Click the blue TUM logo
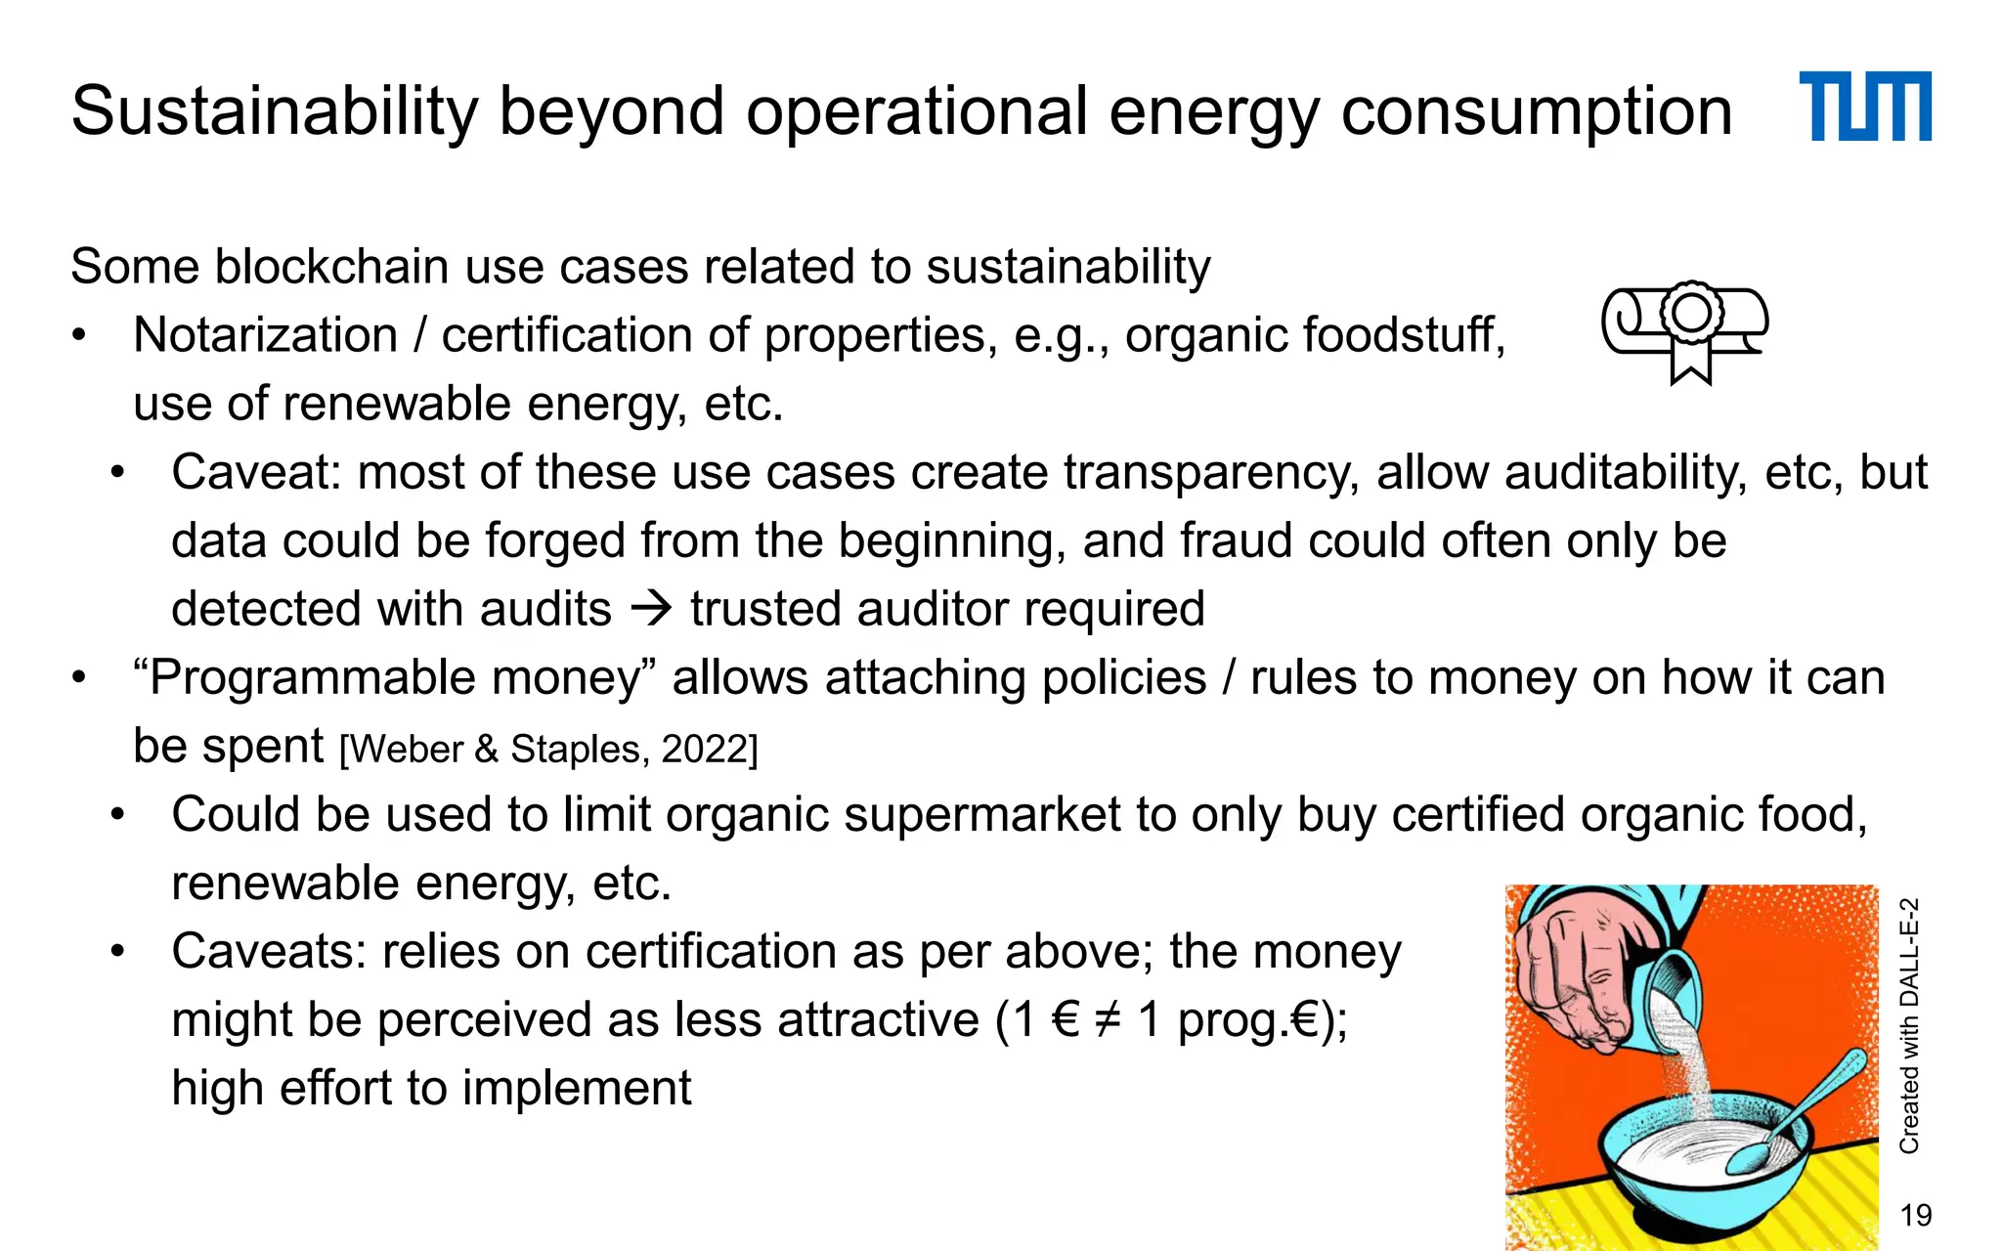tap(1864, 107)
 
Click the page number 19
tap(1915, 1215)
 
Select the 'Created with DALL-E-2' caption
tap(1909, 1025)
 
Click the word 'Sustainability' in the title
tap(275, 111)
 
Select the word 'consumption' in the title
tap(1536, 111)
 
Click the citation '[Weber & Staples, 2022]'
tap(548, 750)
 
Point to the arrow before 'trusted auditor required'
tap(651, 609)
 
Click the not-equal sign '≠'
tap(1108, 1020)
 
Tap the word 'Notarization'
tap(265, 335)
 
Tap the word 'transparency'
tap(1211, 472)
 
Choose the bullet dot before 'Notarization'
tap(79, 336)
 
